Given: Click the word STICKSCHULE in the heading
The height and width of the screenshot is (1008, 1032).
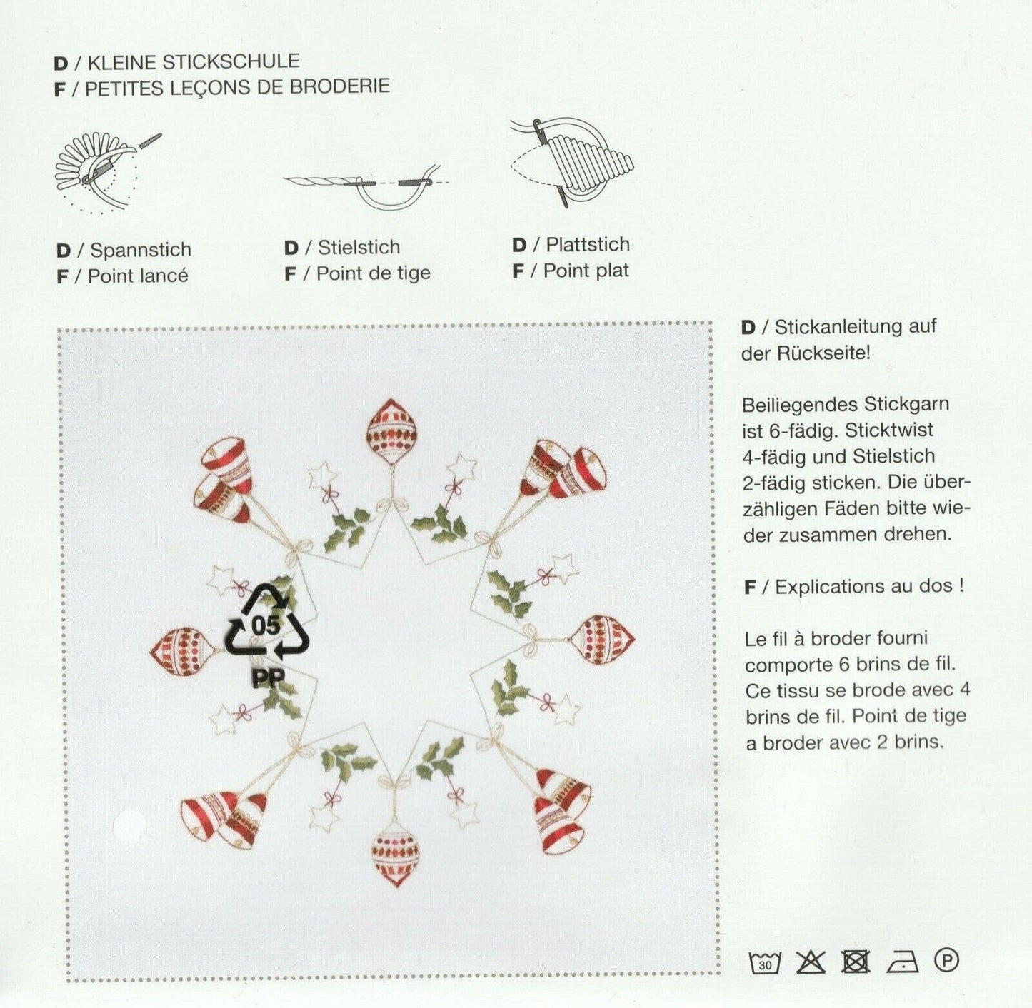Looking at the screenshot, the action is point(231,61).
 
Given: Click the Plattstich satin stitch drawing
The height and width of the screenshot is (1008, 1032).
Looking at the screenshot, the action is point(572,161).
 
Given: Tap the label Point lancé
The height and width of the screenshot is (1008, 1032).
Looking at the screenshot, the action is point(138,276).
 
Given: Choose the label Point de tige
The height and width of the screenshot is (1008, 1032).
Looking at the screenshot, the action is point(374,273).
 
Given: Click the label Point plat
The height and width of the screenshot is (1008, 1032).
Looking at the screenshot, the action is point(586,271).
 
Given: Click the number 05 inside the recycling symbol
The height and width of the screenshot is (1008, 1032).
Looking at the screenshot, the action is point(265,625).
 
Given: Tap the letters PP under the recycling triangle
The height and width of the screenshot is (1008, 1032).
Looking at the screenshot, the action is point(268,678).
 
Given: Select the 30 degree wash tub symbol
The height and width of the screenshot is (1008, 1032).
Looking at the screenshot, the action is point(765,962).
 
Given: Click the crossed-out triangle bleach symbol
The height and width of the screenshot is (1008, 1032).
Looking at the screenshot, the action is point(811,962).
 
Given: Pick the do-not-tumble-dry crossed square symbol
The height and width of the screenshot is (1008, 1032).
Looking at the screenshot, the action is point(856,962).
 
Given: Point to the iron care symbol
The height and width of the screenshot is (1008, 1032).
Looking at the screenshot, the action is point(902,962).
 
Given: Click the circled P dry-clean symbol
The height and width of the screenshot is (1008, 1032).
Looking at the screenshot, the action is point(946,960).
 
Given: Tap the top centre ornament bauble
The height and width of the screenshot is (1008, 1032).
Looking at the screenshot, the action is point(392,431).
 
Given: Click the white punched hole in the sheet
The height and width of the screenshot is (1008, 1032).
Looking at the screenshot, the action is point(129,824).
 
